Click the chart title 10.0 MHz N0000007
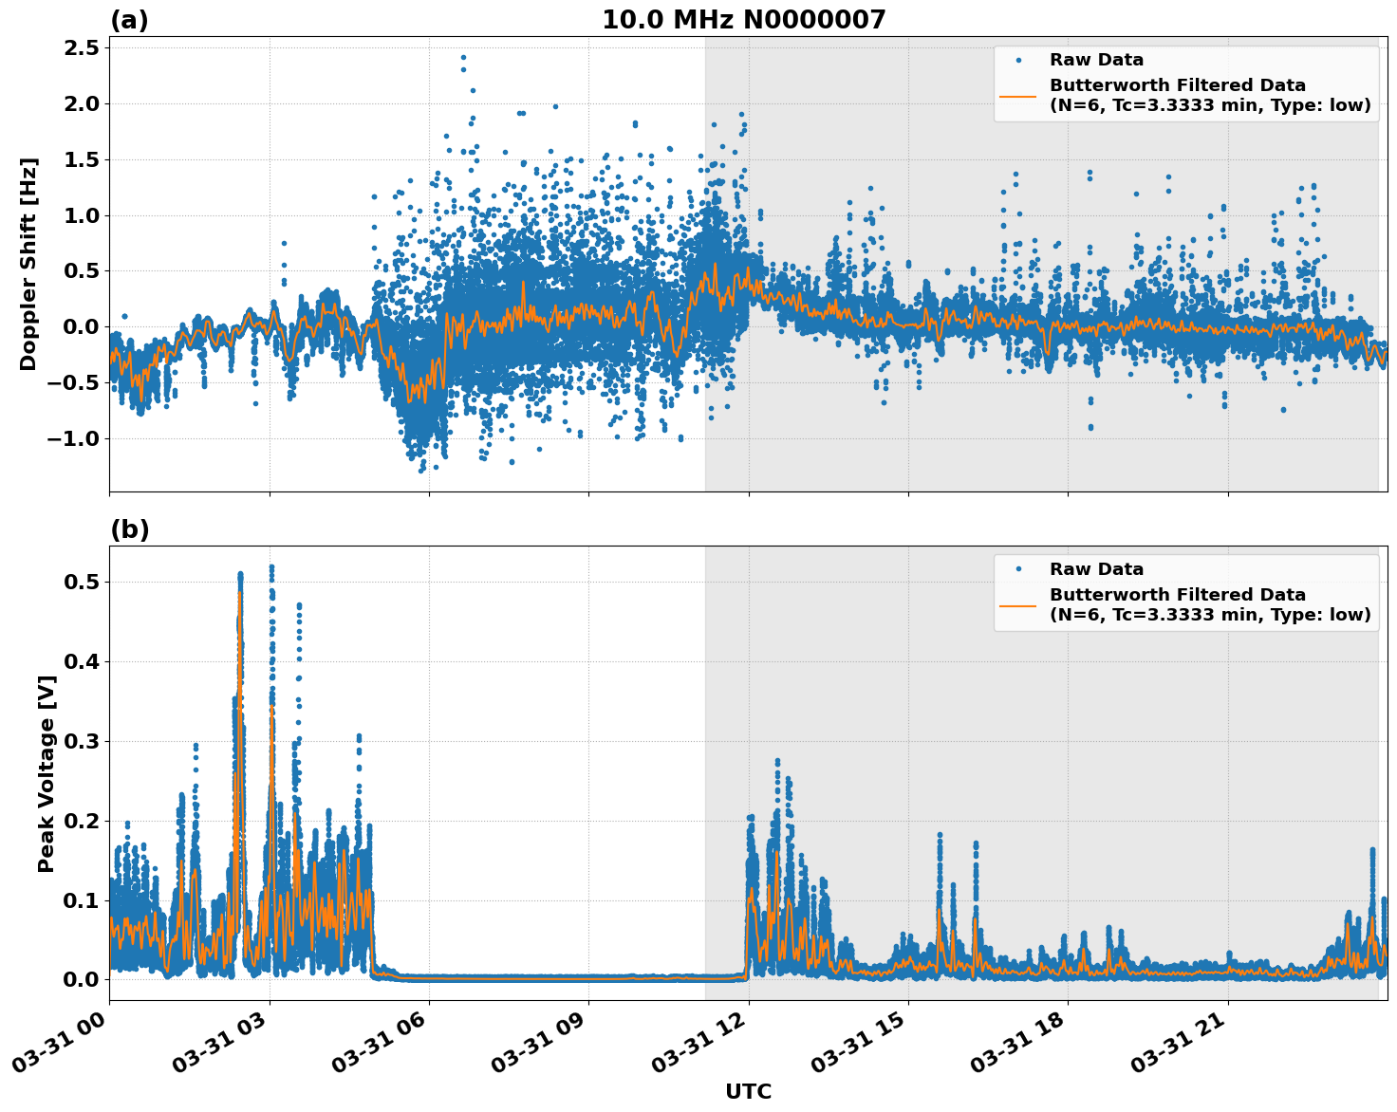pyautogui.click(x=743, y=20)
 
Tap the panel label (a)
pyautogui.click(x=129, y=20)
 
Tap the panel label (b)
pyautogui.click(x=129, y=529)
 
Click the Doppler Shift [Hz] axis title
pyautogui.click(x=28, y=264)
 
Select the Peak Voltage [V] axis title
pyautogui.click(x=47, y=773)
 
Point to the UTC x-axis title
pyautogui.click(x=748, y=1091)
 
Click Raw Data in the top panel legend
pyautogui.click(x=1096, y=60)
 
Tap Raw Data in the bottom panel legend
pyautogui.click(x=1096, y=569)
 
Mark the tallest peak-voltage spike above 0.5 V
pyautogui.click(x=271, y=567)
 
